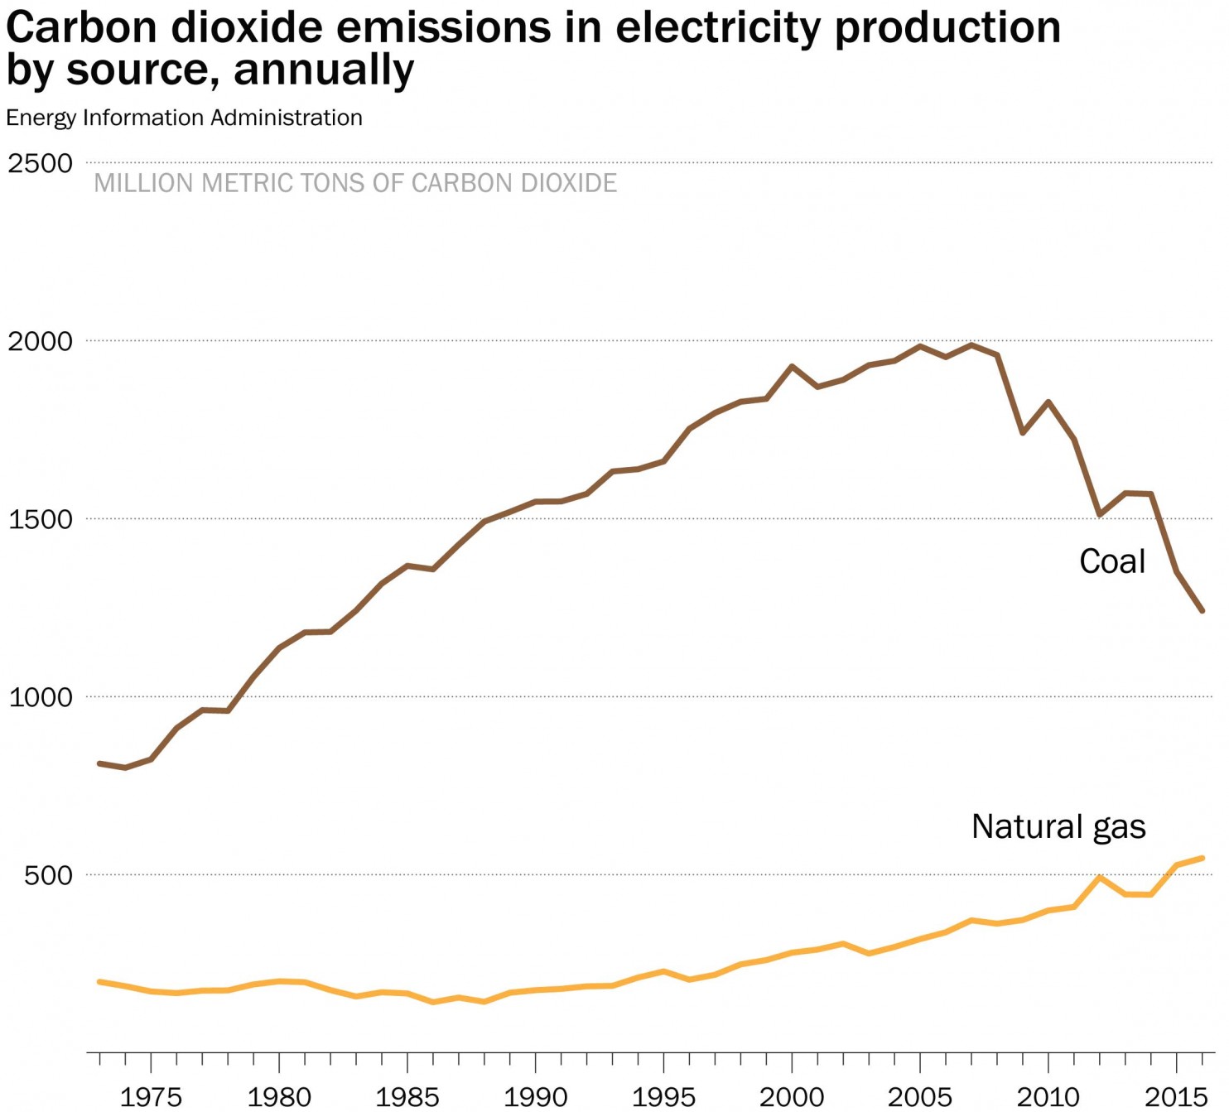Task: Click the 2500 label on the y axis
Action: pos(41,163)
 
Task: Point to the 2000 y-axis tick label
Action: pos(41,341)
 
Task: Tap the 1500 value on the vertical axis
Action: pos(41,519)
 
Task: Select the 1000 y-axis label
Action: pos(41,697)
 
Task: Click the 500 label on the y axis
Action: pos(49,875)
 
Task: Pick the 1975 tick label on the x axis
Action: pos(151,1097)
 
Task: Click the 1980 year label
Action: pos(279,1097)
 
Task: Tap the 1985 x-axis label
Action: pos(407,1097)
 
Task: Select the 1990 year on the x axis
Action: pos(535,1097)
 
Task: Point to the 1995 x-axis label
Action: pos(663,1097)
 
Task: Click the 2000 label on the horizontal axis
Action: pos(792,1097)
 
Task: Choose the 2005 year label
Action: pos(919,1097)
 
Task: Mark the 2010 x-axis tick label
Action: pos(1048,1097)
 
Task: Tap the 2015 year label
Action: pos(1176,1097)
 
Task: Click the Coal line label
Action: pos(1112,561)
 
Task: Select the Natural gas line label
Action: pos(1058,826)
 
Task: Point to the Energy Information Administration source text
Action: pos(184,118)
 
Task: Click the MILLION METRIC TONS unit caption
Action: pos(355,183)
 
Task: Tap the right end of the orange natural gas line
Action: pos(1202,859)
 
